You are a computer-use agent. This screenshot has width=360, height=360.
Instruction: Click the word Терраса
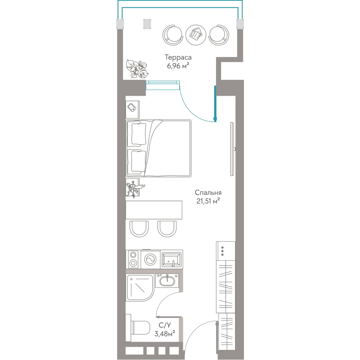[178, 58]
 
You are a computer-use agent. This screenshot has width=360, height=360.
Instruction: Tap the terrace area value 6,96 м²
[178, 66]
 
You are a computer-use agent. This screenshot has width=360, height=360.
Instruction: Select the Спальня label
[208, 192]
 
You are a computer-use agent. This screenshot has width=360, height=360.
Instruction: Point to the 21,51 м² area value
[208, 201]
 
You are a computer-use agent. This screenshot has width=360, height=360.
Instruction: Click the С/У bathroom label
[165, 325]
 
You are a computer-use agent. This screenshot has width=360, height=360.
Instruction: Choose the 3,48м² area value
[165, 334]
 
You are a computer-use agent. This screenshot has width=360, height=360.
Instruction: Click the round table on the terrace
[195, 35]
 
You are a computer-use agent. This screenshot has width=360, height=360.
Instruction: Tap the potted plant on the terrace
[137, 69]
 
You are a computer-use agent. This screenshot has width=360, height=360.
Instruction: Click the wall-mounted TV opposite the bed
[233, 149]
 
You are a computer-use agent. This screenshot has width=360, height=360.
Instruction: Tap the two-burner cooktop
[133, 259]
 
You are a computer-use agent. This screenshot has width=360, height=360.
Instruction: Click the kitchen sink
[172, 260]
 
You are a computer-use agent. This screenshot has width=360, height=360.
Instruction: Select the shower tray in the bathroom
[140, 288]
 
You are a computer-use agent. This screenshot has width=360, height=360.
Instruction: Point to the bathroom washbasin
[167, 280]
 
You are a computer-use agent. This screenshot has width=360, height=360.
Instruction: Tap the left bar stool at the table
[139, 229]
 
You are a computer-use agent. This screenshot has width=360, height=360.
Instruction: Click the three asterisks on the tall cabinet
[222, 251]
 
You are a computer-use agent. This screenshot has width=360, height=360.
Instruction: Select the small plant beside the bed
[135, 188]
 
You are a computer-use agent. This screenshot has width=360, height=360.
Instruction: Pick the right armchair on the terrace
[219, 35]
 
